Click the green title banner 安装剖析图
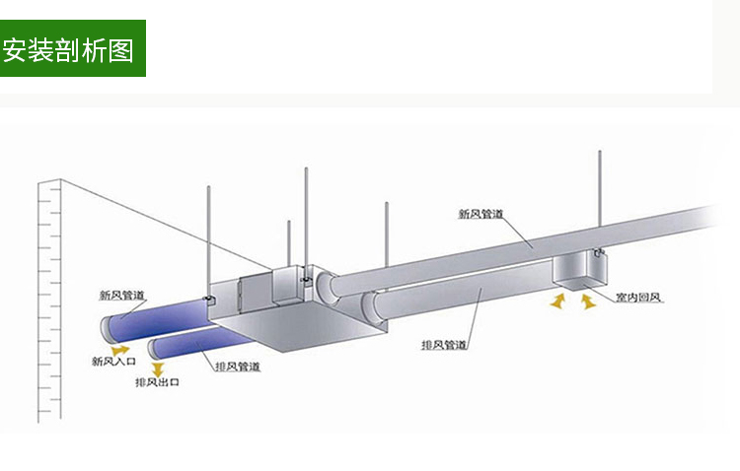(x=72, y=48)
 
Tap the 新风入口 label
(x=113, y=363)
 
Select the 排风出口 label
(x=157, y=382)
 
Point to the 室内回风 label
(x=637, y=297)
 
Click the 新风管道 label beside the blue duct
(x=122, y=295)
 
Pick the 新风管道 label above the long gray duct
(x=481, y=213)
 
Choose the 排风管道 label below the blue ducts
(x=238, y=367)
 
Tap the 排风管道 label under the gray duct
(x=444, y=345)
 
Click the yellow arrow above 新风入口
(x=120, y=348)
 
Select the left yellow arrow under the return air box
(x=558, y=300)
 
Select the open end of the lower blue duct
(x=156, y=347)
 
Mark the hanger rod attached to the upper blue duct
(x=209, y=241)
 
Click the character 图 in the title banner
(x=121, y=48)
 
